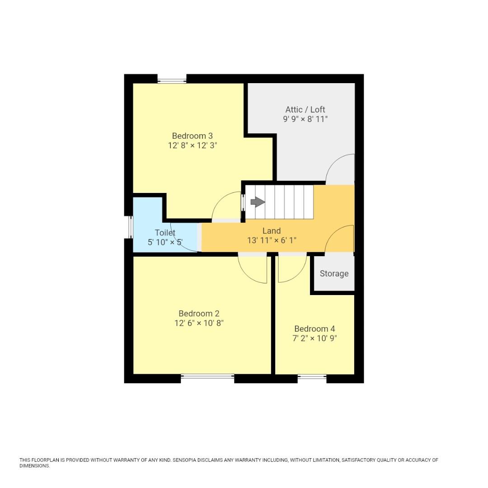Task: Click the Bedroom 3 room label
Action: (x=192, y=136)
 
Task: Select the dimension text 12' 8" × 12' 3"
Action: (x=192, y=145)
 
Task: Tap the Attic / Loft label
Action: (x=305, y=109)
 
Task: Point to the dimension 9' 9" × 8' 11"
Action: (x=305, y=119)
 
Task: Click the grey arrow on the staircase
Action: (x=258, y=202)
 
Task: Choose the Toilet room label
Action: (x=165, y=233)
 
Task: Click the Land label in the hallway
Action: (x=272, y=231)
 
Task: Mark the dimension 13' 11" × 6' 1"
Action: (x=272, y=240)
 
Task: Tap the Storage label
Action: (x=334, y=273)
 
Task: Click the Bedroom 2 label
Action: (x=199, y=313)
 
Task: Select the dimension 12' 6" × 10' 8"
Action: (x=199, y=323)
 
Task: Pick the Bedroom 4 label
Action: (x=314, y=328)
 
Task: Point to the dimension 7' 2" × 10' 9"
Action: (x=314, y=338)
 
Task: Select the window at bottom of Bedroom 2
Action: (x=207, y=376)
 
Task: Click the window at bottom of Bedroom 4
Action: (x=312, y=376)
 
